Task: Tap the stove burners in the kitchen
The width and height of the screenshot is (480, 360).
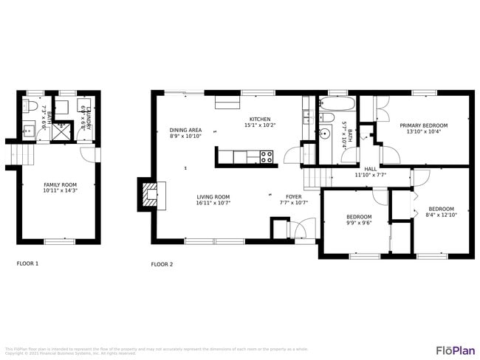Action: pos(266,156)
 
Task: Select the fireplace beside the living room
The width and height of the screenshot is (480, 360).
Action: pos(149,195)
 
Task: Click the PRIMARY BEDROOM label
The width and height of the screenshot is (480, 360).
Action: pos(423,126)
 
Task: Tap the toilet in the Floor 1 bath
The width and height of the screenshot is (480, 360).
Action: pos(30,108)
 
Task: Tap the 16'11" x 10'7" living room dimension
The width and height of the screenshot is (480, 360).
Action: pos(214,203)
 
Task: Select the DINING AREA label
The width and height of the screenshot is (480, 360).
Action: pos(185,129)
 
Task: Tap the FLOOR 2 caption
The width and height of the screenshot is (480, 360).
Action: pos(162,264)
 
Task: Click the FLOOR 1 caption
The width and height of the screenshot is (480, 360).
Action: pos(27,263)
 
